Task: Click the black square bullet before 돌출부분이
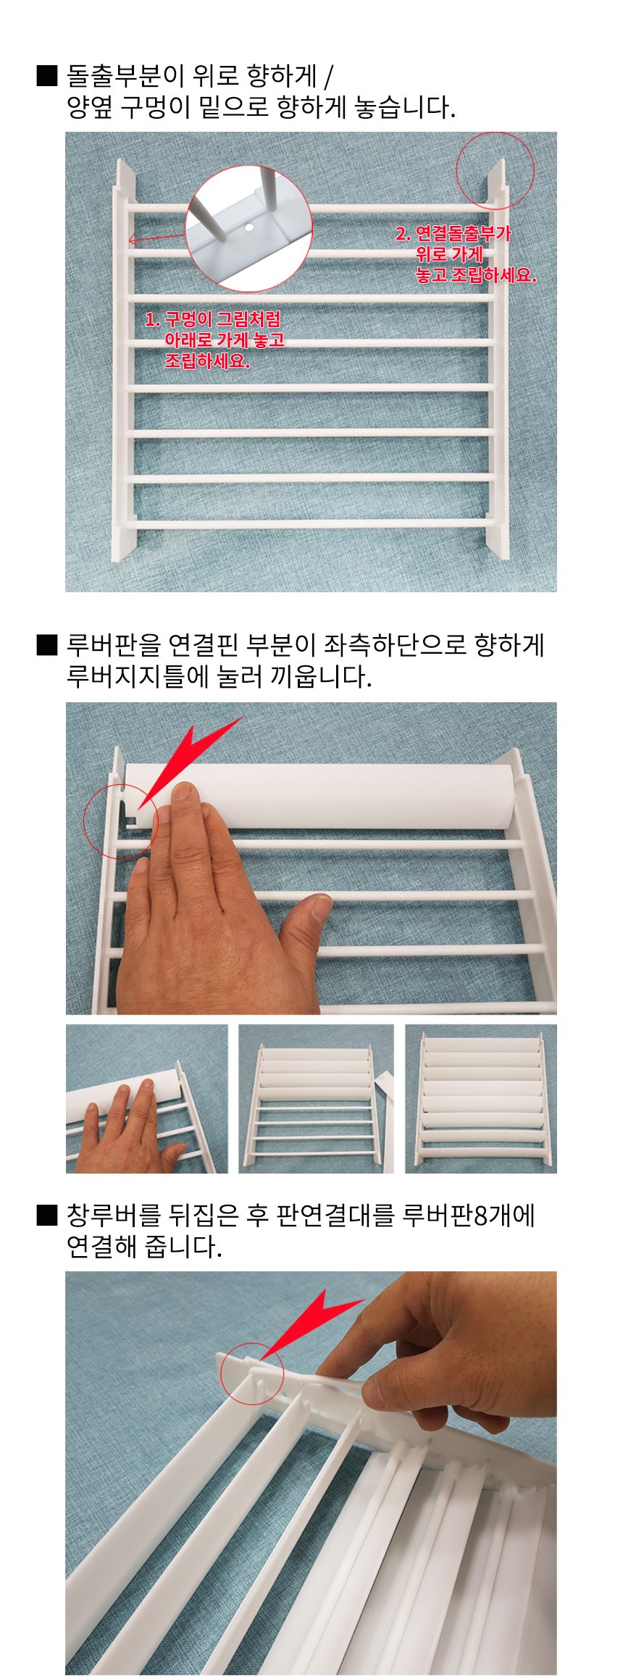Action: coord(47,76)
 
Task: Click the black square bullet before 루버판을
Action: coord(47,645)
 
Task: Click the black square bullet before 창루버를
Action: coord(47,1215)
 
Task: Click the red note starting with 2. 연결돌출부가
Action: coord(466,254)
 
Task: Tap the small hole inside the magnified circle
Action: coord(249,227)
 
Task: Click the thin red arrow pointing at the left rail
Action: coord(157,237)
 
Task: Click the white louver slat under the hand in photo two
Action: coord(319,796)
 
